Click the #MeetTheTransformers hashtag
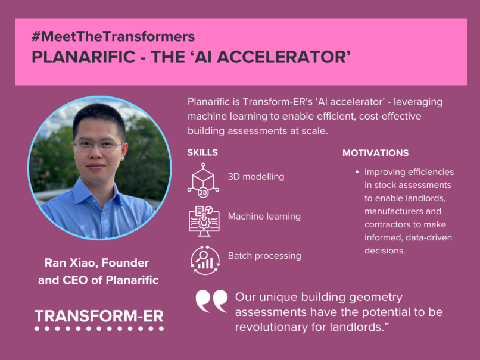point(113,36)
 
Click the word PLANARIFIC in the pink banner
point(83,57)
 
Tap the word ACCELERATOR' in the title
point(284,57)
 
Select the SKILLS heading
point(202,152)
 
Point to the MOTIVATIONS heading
point(375,153)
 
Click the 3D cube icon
point(203,180)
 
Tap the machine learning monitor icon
point(204,221)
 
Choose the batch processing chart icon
point(205,260)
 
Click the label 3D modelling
point(256,177)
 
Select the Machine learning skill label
point(264,217)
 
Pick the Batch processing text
point(264,256)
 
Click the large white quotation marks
point(211,301)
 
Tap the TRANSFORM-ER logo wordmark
point(99,316)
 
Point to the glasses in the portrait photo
point(99,146)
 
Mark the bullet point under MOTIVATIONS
point(357,172)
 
